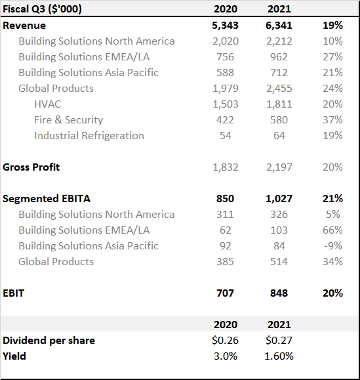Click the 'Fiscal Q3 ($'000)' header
(42, 9)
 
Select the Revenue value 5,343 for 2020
(225, 26)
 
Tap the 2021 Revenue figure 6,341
(279, 26)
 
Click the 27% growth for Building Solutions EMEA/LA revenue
(332, 57)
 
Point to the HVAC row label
(48, 104)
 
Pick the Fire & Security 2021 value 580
(279, 120)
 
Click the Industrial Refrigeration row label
(89, 136)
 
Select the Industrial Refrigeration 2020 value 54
(226, 136)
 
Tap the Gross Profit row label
(31, 167)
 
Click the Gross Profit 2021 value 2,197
(279, 167)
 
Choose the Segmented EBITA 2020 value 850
(225, 199)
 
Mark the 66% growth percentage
(332, 230)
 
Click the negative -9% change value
(333, 246)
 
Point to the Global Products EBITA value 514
(279, 262)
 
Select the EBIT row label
(14, 293)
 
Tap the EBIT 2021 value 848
(279, 293)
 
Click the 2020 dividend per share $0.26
(225, 341)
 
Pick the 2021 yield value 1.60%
(279, 356)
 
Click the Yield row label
(14, 356)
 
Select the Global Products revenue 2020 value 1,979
(226, 89)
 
